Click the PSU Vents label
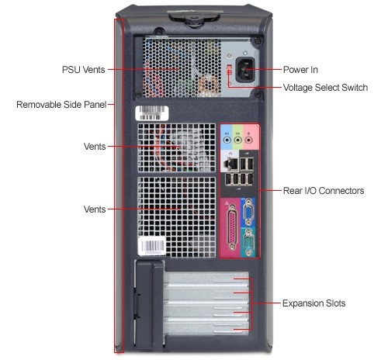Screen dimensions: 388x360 83,70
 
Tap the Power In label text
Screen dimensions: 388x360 300,70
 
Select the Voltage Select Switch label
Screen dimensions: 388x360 325,88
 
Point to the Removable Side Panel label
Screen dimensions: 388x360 61,105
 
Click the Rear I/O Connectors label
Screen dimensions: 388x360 324,191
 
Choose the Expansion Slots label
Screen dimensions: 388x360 314,303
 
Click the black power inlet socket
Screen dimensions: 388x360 244,70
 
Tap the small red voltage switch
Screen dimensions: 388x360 229,69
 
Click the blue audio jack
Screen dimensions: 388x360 227,140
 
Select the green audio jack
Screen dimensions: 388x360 237,140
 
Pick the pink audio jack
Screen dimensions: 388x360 248,140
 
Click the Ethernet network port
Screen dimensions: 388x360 230,164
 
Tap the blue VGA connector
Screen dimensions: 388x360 248,212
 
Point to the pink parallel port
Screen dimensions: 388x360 233,227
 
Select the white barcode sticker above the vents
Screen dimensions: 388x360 152,113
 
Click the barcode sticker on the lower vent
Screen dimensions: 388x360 152,246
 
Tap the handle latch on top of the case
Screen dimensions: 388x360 194,18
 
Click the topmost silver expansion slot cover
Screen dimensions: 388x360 206,279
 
